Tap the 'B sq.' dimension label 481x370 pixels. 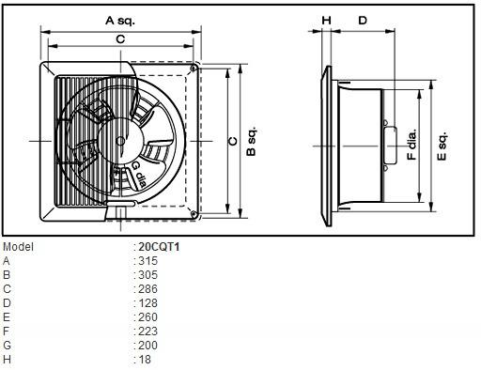[251, 141]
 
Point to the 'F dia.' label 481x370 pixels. [411, 141]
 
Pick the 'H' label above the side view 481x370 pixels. [326, 20]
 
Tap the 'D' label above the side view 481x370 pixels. [363, 20]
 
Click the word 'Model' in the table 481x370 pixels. [18, 247]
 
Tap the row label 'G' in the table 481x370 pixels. [8, 345]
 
